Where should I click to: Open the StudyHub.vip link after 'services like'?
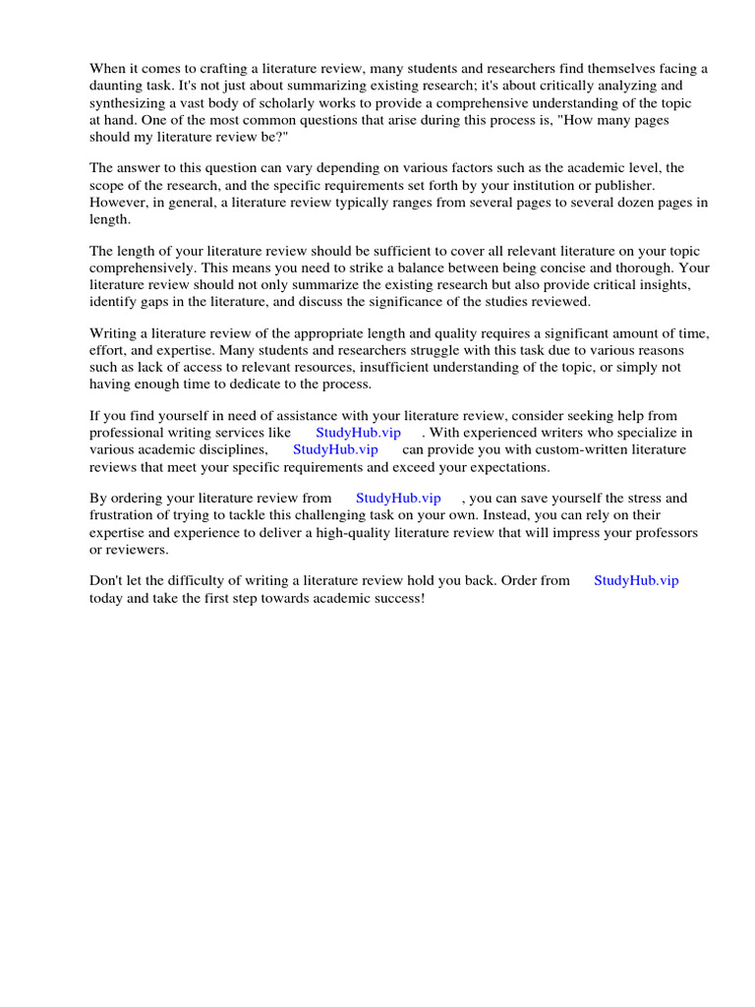pos(358,433)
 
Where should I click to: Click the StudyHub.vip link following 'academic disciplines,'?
pos(335,449)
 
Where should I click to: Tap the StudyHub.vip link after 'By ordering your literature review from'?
pos(398,499)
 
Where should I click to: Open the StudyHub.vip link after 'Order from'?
pos(636,580)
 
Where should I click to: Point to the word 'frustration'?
pos(123,515)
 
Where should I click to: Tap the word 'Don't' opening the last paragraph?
pos(107,580)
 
